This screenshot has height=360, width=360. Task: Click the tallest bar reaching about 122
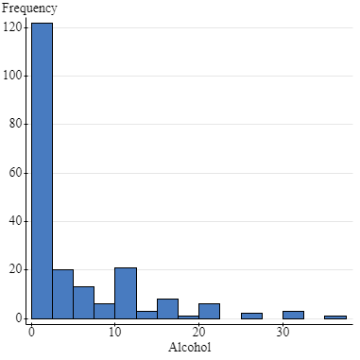(42, 170)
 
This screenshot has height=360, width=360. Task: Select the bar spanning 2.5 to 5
(62, 294)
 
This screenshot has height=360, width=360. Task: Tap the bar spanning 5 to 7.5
(83, 302)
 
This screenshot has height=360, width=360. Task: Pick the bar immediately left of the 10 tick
(104, 311)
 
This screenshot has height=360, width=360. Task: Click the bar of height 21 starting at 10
(126, 293)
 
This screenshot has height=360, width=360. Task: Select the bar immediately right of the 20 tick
(209, 311)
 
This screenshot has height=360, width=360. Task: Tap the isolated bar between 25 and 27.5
(251, 316)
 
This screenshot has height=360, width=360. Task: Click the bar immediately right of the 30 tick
(293, 315)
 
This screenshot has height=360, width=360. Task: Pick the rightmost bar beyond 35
(334, 317)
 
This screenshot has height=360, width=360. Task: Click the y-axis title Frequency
(29, 9)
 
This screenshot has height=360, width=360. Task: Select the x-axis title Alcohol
(190, 348)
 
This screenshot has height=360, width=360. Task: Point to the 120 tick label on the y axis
(12, 26)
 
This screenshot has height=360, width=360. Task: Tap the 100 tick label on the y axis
(12, 76)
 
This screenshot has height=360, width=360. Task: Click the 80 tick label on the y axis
(16, 124)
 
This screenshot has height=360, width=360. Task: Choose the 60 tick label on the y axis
(16, 173)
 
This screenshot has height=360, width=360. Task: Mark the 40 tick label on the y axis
(16, 221)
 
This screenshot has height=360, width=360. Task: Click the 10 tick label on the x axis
(114, 332)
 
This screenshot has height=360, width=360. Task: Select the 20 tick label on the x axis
(198, 332)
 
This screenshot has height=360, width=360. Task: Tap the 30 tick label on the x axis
(282, 332)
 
